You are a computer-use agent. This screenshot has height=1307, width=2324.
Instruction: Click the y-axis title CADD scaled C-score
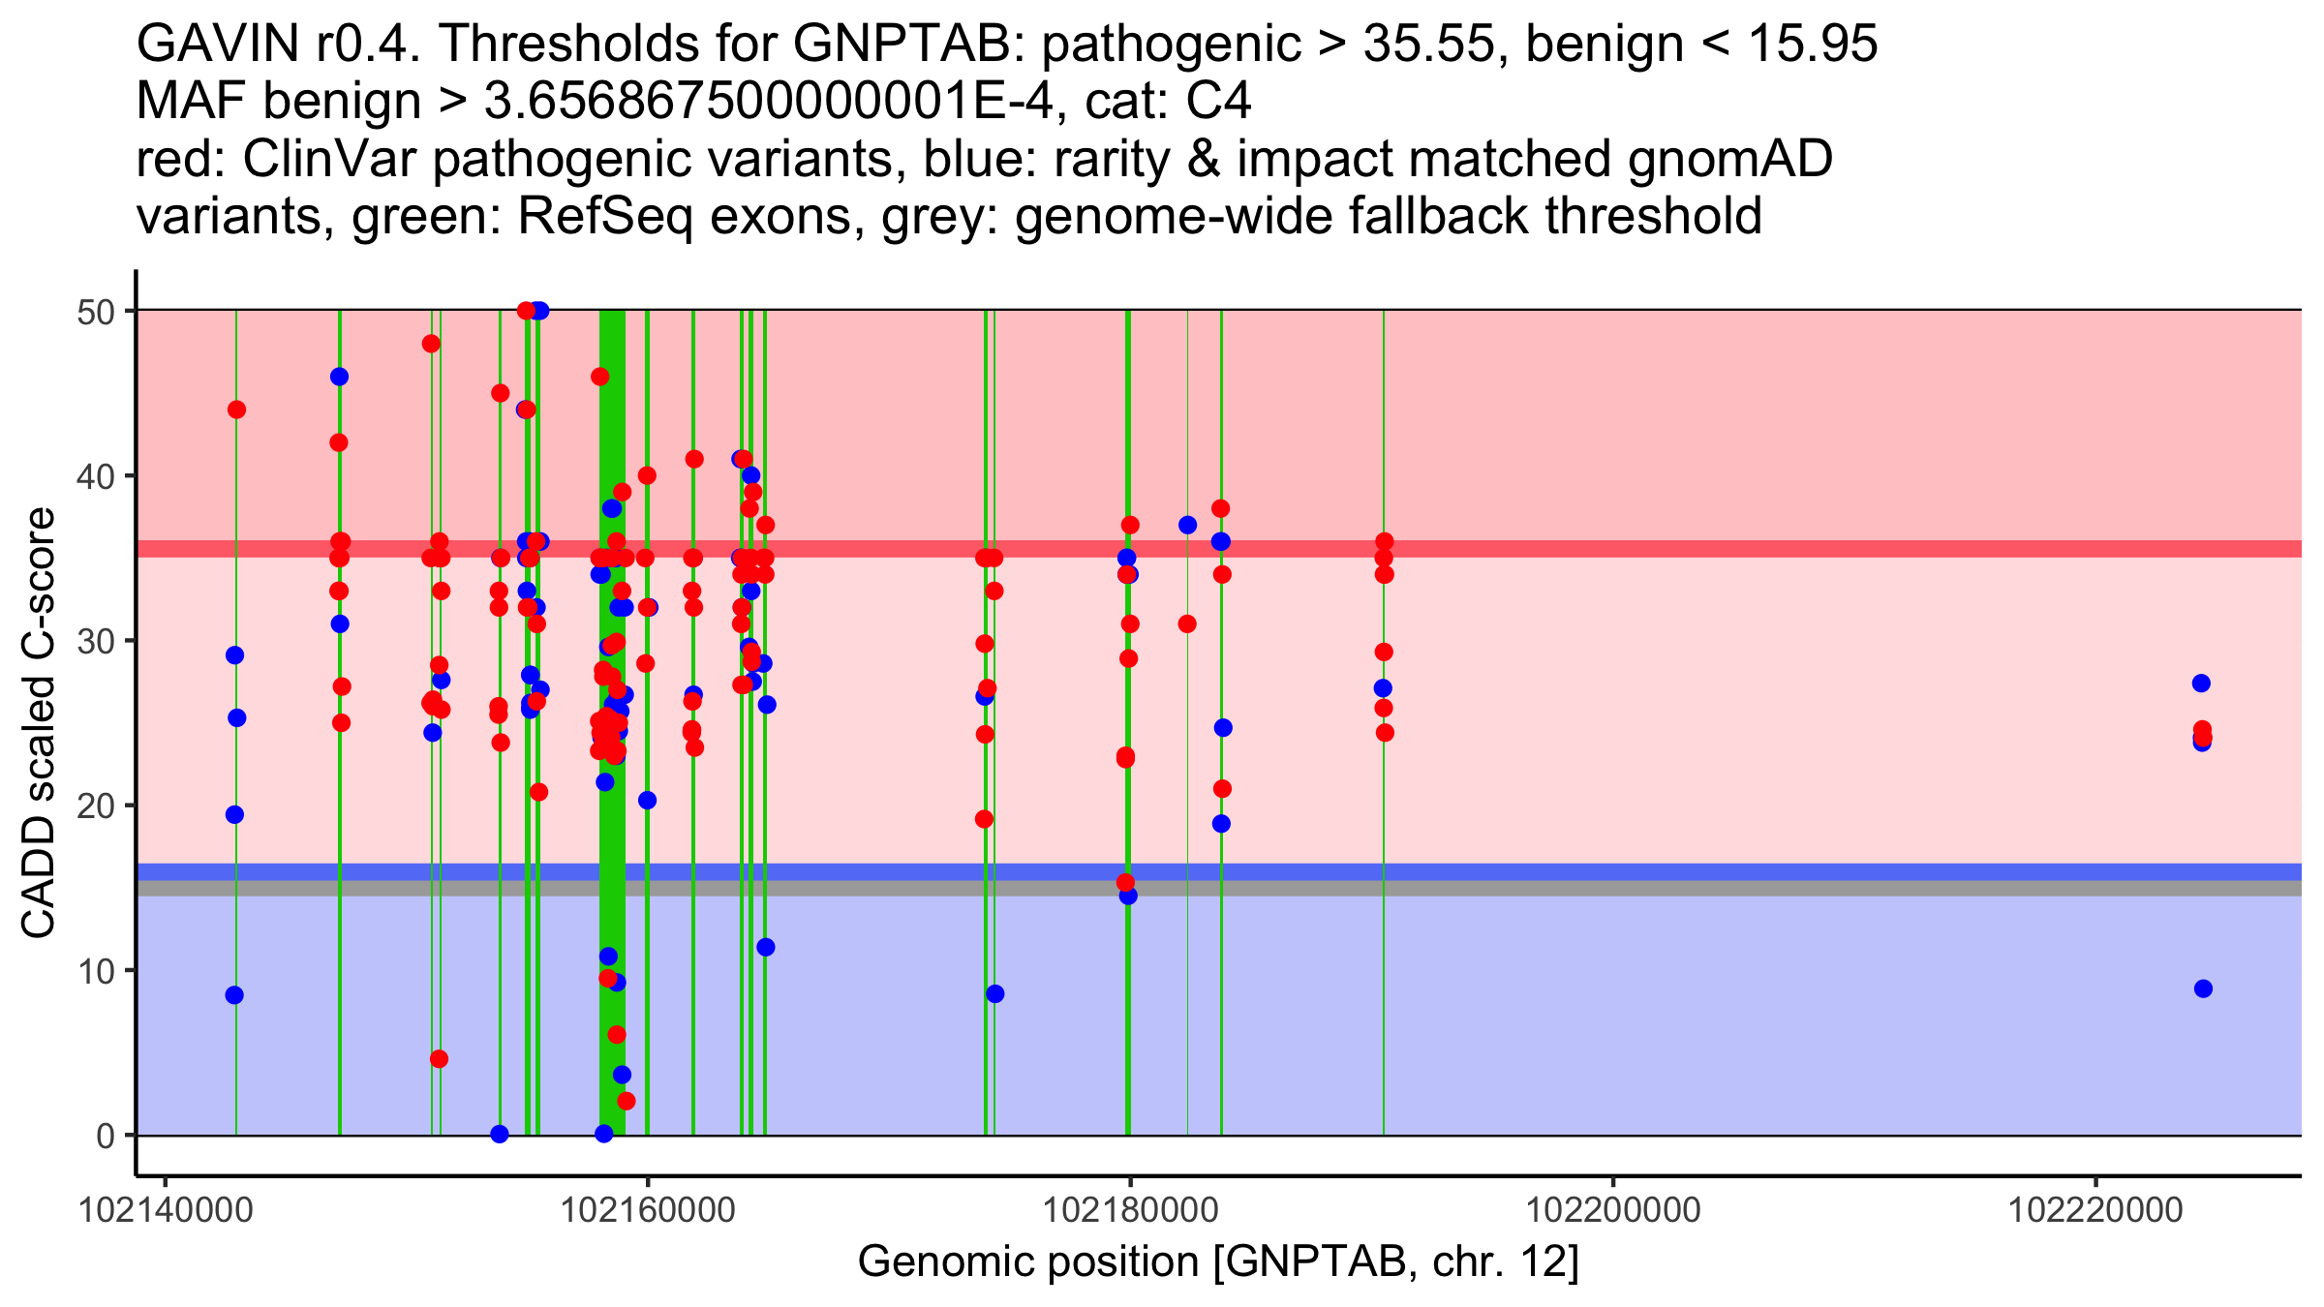(39, 723)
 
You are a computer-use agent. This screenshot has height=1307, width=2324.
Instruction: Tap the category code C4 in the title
(1218, 102)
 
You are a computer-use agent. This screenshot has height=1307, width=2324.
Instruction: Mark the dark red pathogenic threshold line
(1218, 549)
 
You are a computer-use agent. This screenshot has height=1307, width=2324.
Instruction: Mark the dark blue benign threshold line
(1218, 871)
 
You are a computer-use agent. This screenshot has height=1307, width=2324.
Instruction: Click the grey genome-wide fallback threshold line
(1218, 888)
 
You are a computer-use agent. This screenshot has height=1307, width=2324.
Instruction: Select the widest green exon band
(612, 722)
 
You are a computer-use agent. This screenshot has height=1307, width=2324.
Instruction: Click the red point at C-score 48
(431, 344)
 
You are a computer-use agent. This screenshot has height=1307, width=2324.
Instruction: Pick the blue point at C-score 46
(339, 377)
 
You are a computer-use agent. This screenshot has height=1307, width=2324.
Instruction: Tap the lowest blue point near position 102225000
(2203, 988)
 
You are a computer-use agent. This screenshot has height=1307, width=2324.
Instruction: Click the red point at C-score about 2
(626, 1101)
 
